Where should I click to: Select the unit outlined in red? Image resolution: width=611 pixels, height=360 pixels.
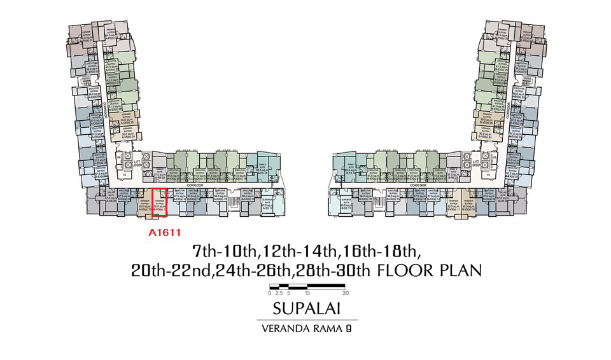click(158, 204)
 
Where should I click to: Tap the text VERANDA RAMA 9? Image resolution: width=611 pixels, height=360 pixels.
click(305, 329)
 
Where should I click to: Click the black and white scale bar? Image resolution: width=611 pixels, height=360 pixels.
click(307, 286)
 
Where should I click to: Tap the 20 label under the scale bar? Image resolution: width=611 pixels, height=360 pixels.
click(346, 294)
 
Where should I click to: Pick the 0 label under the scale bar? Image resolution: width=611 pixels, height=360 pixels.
click(270, 294)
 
